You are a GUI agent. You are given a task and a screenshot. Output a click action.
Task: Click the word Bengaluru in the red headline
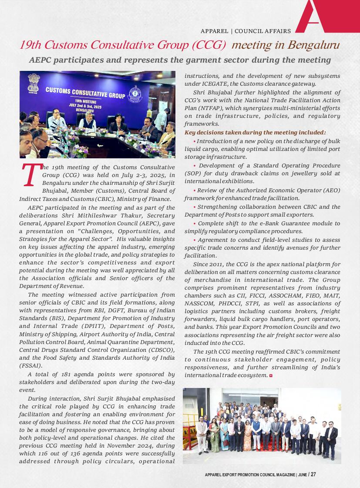pos(314,45)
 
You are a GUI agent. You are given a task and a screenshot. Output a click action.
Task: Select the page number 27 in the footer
pos(313,475)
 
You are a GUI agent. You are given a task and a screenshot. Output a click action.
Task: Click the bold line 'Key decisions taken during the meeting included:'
pos(255,133)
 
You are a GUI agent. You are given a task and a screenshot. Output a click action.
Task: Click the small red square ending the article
pos(271,375)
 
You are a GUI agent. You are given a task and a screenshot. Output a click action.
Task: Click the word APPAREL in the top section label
pos(214,31)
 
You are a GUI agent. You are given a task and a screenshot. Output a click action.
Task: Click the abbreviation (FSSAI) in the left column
pos(30,366)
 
